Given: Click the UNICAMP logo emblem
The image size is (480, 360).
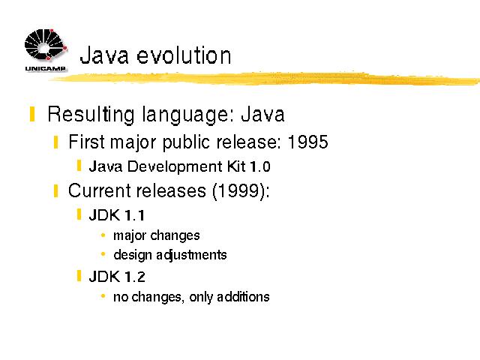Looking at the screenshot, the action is point(46,45).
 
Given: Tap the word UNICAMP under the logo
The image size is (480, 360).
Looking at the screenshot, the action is point(46,68).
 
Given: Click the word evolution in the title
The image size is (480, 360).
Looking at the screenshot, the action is point(184,55).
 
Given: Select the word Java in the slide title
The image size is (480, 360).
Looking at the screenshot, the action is point(104,55).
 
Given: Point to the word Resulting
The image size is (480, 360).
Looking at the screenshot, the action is point(91,115).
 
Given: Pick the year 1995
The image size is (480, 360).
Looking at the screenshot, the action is point(308,142).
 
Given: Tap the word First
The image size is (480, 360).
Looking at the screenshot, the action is point(87,142).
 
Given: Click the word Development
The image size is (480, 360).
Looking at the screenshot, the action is point(175,167).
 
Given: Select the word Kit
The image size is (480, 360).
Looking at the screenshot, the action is point(236,166).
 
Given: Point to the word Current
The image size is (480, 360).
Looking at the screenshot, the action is point(100,190).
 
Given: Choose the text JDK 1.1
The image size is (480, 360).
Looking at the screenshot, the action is point(117,215).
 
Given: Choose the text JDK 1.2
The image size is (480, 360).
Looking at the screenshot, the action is point(117,277).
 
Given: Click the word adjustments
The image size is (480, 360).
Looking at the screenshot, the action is point(192,255).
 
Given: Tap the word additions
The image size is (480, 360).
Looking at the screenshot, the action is point(243,297).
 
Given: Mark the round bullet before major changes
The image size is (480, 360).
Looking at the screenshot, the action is point(103,235).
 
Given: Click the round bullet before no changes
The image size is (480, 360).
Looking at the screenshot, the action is point(103,296).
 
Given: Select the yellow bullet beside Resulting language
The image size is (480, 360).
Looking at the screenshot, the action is point(32,114).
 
